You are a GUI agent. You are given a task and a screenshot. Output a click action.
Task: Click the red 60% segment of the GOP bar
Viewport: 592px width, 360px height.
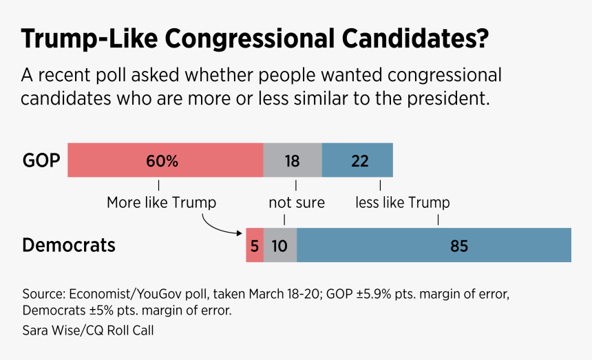(165, 160)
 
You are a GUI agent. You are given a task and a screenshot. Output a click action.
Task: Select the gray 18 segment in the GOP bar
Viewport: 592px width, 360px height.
(293, 160)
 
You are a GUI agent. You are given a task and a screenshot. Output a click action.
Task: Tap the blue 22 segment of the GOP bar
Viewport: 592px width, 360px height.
(358, 160)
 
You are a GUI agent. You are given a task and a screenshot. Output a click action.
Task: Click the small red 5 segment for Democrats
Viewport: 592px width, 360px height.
(255, 246)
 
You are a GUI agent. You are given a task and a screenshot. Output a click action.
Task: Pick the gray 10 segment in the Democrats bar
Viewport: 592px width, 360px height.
(280, 246)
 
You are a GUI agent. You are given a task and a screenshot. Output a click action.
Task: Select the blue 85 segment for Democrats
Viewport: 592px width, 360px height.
(434, 246)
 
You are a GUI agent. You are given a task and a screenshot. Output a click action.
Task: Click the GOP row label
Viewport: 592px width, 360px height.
(41, 161)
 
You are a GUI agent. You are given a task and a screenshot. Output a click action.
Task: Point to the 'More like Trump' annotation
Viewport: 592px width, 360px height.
(161, 202)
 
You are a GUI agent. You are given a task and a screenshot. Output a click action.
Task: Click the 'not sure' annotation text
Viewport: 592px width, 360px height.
(296, 202)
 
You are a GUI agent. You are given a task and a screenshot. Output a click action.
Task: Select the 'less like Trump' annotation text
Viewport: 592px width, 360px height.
(403, 202)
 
